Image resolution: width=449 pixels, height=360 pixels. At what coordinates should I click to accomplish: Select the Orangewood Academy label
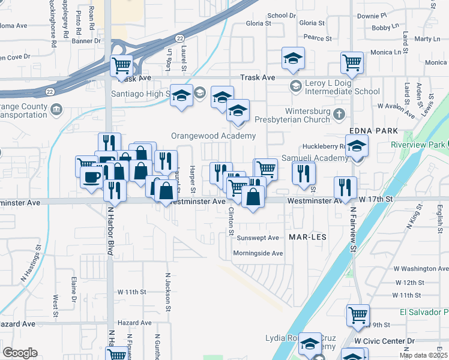tap(213, 136)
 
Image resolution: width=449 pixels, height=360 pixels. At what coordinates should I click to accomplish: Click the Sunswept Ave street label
tap(258, 238)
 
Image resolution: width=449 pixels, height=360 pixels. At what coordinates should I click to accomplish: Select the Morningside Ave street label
tap(258, 253)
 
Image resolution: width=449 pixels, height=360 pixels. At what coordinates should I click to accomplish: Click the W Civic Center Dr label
tap(384, 341)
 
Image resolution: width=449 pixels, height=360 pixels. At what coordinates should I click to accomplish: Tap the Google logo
tap(20, 353)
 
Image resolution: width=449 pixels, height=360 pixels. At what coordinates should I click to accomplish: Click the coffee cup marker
tap(92, 177)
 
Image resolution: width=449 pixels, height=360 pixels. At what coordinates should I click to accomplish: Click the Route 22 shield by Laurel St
tap(179, 38)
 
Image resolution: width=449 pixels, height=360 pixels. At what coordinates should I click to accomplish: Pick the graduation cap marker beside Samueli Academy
tap(357, 146)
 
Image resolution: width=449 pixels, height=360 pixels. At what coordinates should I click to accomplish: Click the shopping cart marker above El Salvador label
tap(358, 314)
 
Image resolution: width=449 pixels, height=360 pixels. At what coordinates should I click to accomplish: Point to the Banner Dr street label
tap(86, 41)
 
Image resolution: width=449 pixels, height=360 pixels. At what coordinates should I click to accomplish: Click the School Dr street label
tap(282, 16)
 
